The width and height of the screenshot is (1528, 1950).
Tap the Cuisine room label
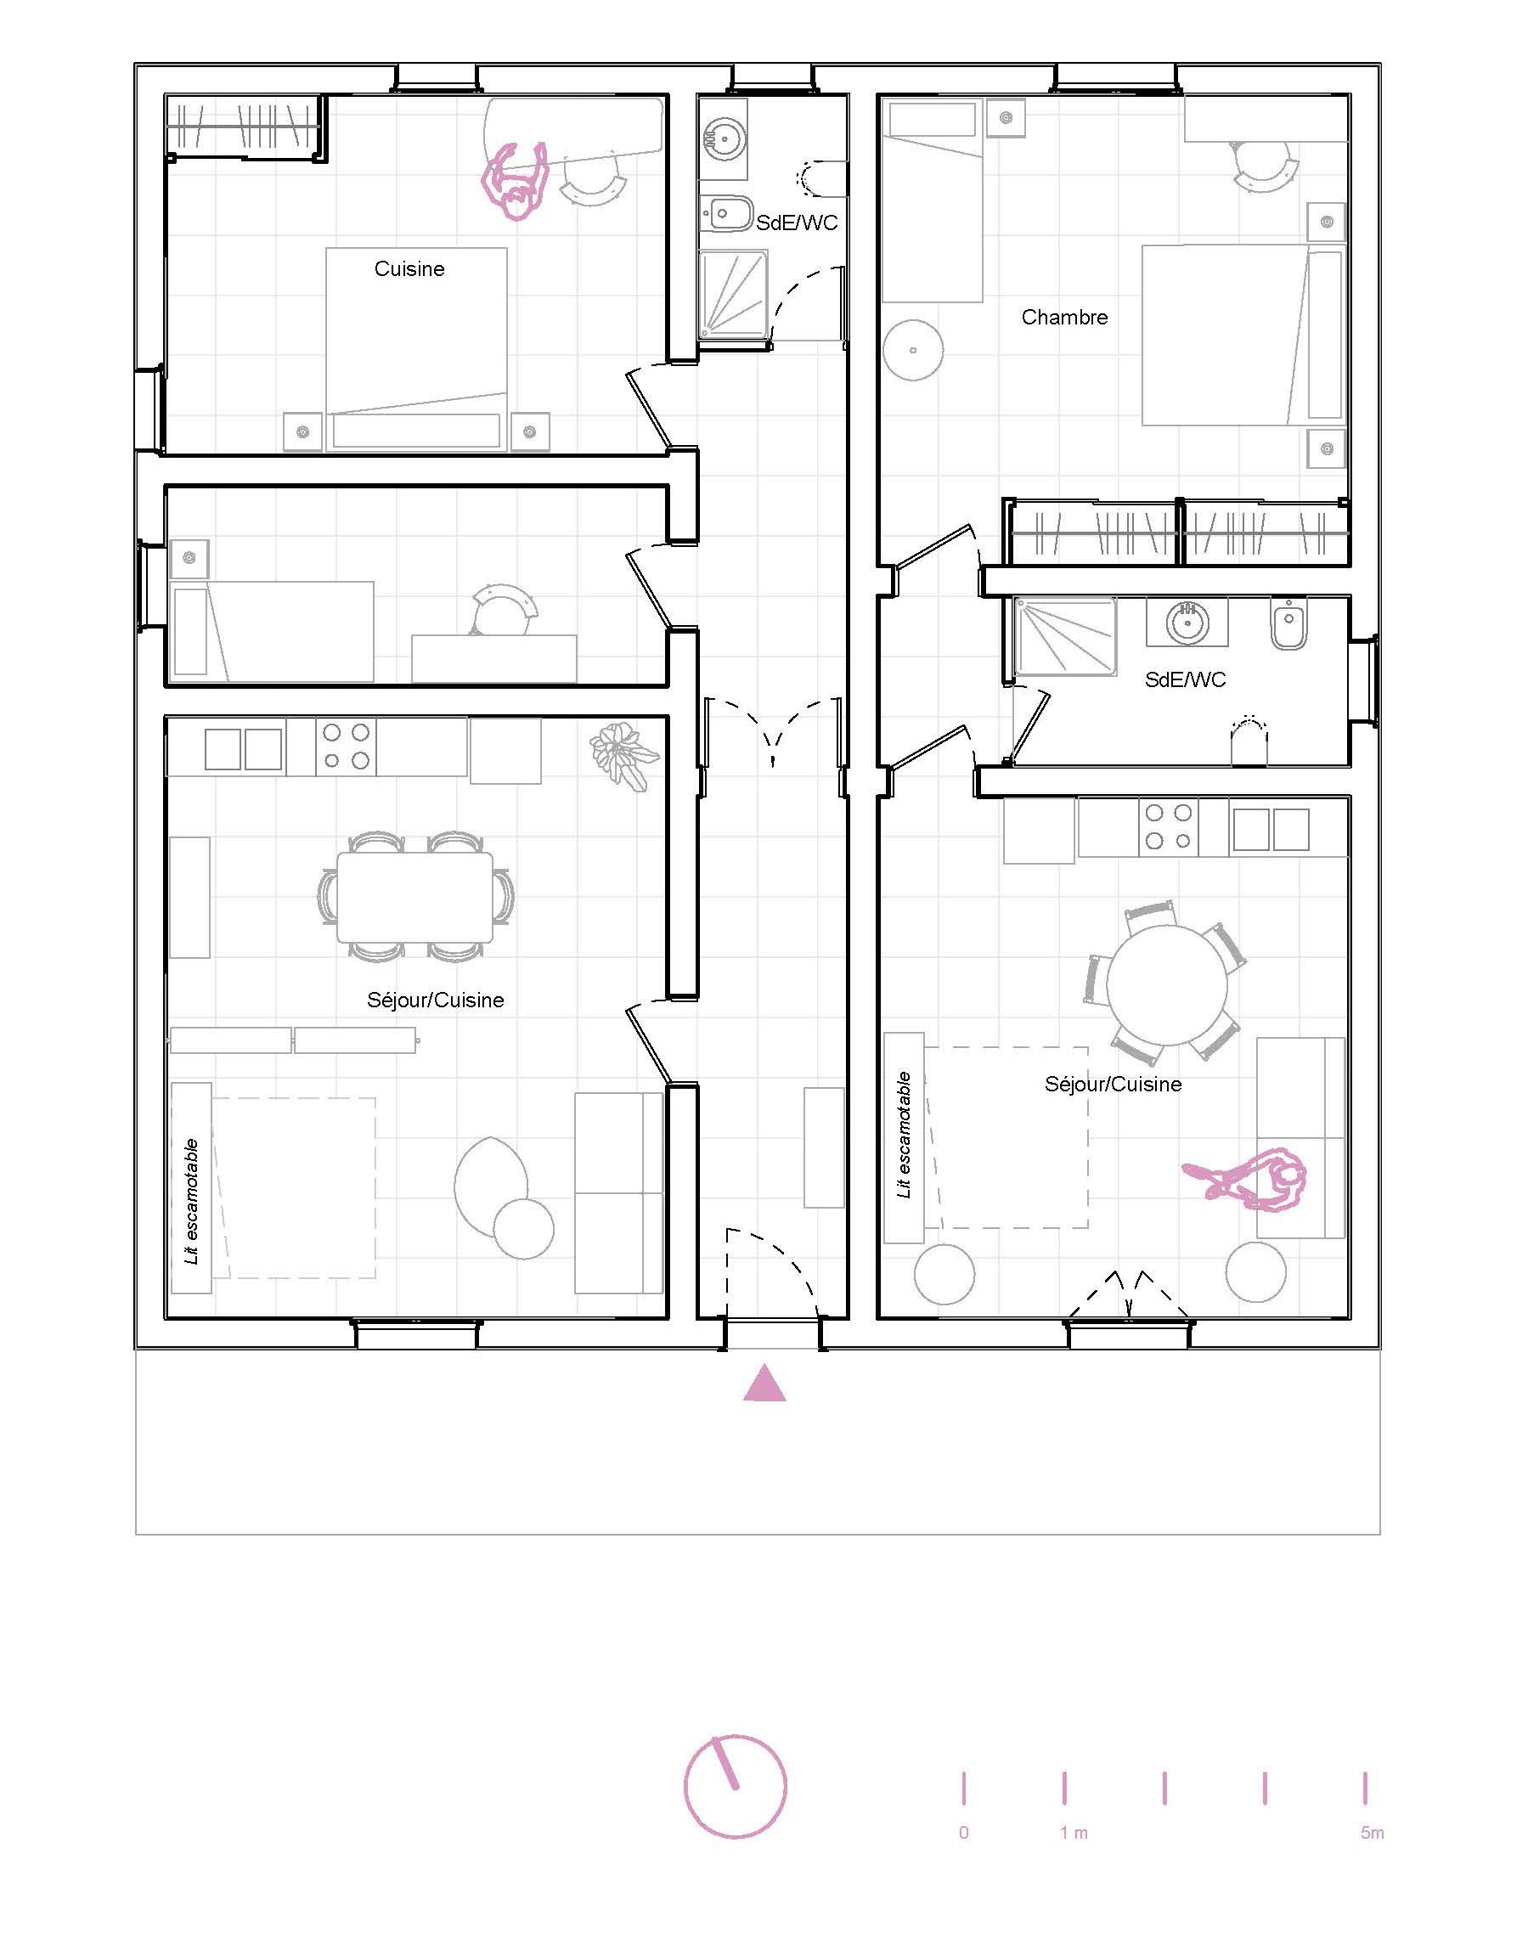[409, 268]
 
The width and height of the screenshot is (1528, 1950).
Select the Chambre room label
[1064, 317]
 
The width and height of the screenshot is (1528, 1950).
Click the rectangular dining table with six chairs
[415, 897]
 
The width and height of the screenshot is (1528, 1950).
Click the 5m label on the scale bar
[1372, 1833]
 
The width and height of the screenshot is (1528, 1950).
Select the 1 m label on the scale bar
[1074, 1833]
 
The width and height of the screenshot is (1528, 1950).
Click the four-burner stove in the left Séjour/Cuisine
[346, 746]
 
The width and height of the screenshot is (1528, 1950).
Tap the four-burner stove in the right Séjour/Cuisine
[1170, 826]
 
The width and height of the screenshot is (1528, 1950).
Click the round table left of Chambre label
[912, 350]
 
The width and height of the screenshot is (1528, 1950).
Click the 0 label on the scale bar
[963, 1833]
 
